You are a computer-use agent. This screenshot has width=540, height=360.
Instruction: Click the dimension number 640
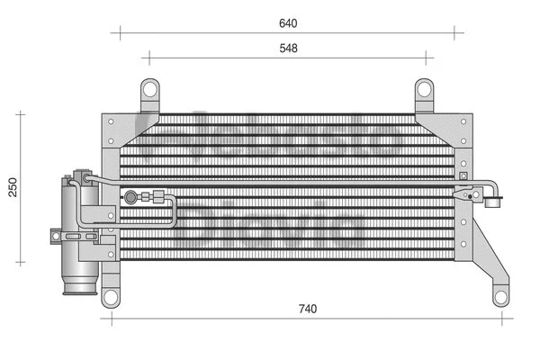click(288, 22)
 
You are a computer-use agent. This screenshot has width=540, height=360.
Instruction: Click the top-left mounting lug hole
click(149, 89)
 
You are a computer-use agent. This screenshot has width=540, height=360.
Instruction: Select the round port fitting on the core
click(132, 195)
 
